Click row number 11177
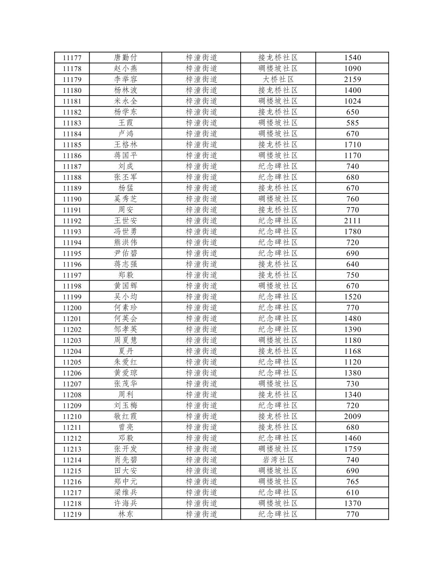(x=72, y=58)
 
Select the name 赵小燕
(x=125, y=69)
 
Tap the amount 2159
(x=352, y=79)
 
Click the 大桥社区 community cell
(x=278, y=79)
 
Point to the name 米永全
(x=125, y=101)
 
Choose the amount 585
(x=352, y=123)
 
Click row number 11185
(x=72, y=145)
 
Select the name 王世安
(x=125, y=221)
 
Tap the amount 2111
(x=352, y=221)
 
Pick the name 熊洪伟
(x=125, y=242)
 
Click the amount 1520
(x=352, y=297)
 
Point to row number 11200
(x=72, y=308)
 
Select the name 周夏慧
(x=125, y=340)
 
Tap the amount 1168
(x=352, y=351)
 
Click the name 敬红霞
(x=125, y=416)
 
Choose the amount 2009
(x=352, y=416)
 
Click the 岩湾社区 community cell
(x=278, y=460)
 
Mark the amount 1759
(x=352, y=449)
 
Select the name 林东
(x=125, y=514)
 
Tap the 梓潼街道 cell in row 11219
(x=201, y=514)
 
